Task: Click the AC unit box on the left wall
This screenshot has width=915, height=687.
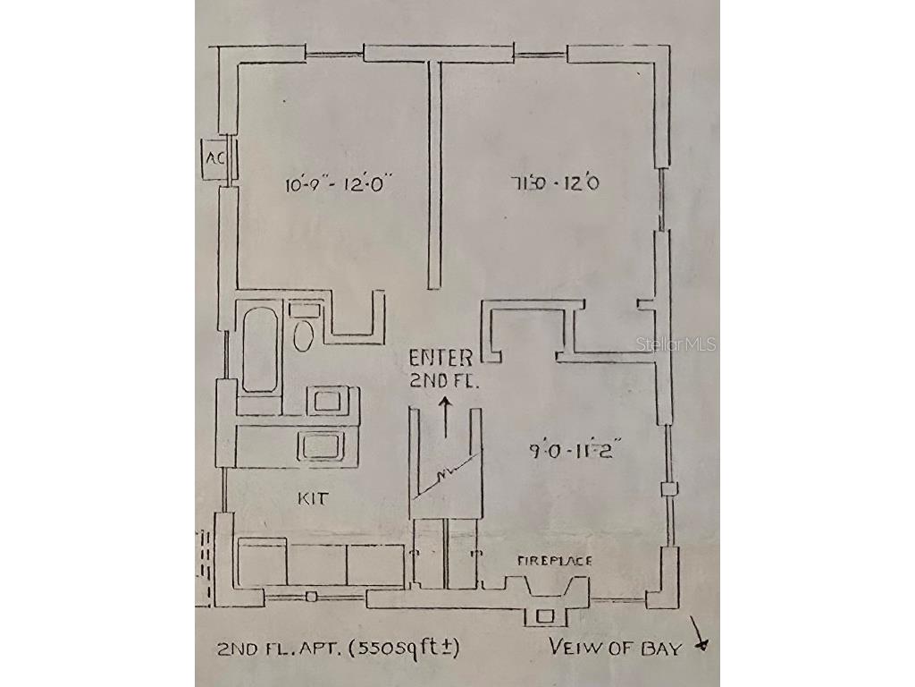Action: tap(214, 158)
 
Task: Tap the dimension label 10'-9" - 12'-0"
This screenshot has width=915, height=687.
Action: tap(340, 185)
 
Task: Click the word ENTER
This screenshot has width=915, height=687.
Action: tap(441, 359)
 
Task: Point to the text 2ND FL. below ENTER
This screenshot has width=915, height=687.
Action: tap(444, 379)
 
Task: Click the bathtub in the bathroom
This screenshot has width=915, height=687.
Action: tap(260, 350)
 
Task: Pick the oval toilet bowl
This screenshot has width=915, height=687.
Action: tap(304, 337)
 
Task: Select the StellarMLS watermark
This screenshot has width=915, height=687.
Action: tap(676, 343)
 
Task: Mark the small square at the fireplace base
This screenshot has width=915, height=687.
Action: tap(543, 615)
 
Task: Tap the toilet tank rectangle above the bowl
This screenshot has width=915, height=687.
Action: tap(304, 310)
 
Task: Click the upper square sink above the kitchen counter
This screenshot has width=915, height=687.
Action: tap(332, 399)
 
